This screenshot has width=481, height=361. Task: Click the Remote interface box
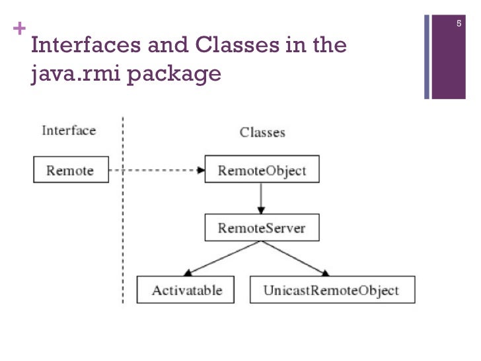click(x=71, y=170)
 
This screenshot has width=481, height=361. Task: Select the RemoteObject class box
click(x=262, y=170)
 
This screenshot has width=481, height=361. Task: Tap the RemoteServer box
click(x=262, y=229)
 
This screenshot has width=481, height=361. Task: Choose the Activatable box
click(x=186, y=290)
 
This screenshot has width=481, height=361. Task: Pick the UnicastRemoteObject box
click(x=332, y=290)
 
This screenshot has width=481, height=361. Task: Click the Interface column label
click(x=69, y=130)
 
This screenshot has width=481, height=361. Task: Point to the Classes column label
click(x=262, y=132)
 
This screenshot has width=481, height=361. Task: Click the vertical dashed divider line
click(x=123, y=218)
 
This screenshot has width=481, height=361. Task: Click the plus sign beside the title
click(x=18, y=29)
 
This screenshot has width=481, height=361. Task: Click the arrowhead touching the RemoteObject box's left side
click(x=200, y=170)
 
